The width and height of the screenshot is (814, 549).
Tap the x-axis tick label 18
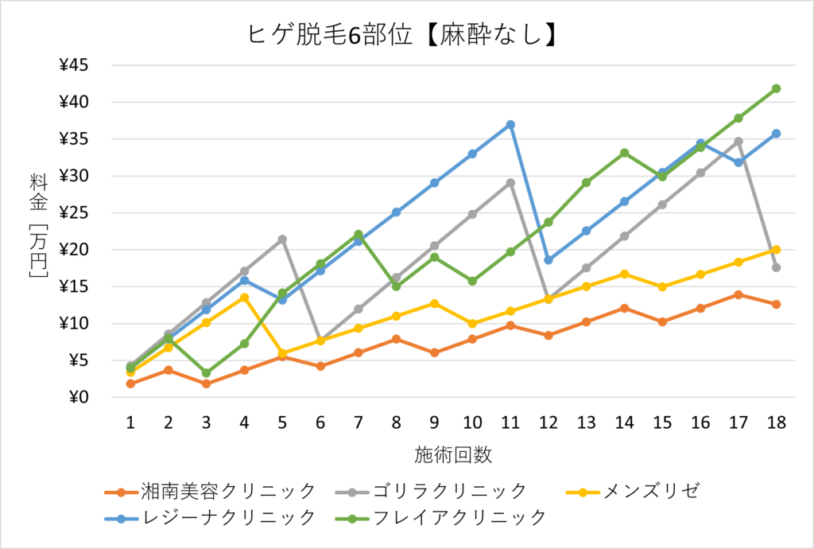point(777,423)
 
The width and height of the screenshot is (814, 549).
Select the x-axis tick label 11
point(510,423)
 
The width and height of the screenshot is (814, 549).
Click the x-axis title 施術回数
point(453,455)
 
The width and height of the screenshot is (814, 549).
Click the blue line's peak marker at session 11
point(510,125)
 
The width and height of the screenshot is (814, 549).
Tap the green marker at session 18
point(777,88)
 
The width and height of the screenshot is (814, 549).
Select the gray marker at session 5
point(282,239)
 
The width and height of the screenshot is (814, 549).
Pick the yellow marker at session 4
point(244,298)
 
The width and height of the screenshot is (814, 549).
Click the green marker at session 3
point(206,372)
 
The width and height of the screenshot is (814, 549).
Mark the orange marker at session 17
point(738,294)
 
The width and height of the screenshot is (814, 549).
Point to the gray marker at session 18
point(777,267)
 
